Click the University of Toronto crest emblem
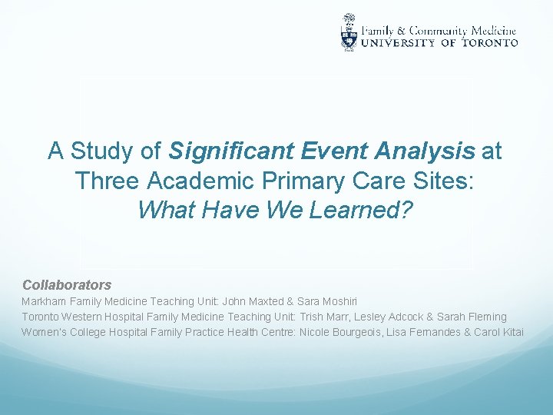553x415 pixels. click(x=349, y=32)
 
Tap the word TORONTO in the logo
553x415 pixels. click(x=489, y=43)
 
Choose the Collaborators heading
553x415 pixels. click(x=67, y=285)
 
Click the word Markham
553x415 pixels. click(x=44, y=301)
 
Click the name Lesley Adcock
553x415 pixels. click(x=390, y=317)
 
